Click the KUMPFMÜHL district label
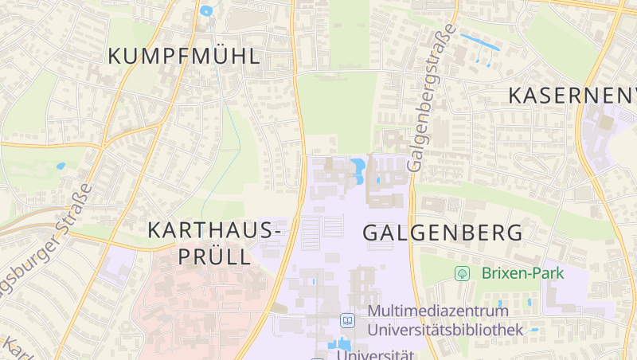(x=184, y=57)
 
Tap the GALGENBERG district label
(x=444, y=233)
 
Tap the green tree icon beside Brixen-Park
(x=461, y=273)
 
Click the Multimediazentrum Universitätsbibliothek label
(x=444, y=319)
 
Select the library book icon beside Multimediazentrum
(x=347, y=320)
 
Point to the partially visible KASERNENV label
(x=573, y=96)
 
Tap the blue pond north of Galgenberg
(x=358, y=167)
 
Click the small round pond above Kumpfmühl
(x=206, y=11)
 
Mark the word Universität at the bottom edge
(x=375, y=354)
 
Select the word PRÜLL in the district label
(x=214, y=257)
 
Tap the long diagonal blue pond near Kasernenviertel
(x=480, y=42)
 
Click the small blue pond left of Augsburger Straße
(x=61, y=166)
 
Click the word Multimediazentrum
(x=438, y=311)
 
